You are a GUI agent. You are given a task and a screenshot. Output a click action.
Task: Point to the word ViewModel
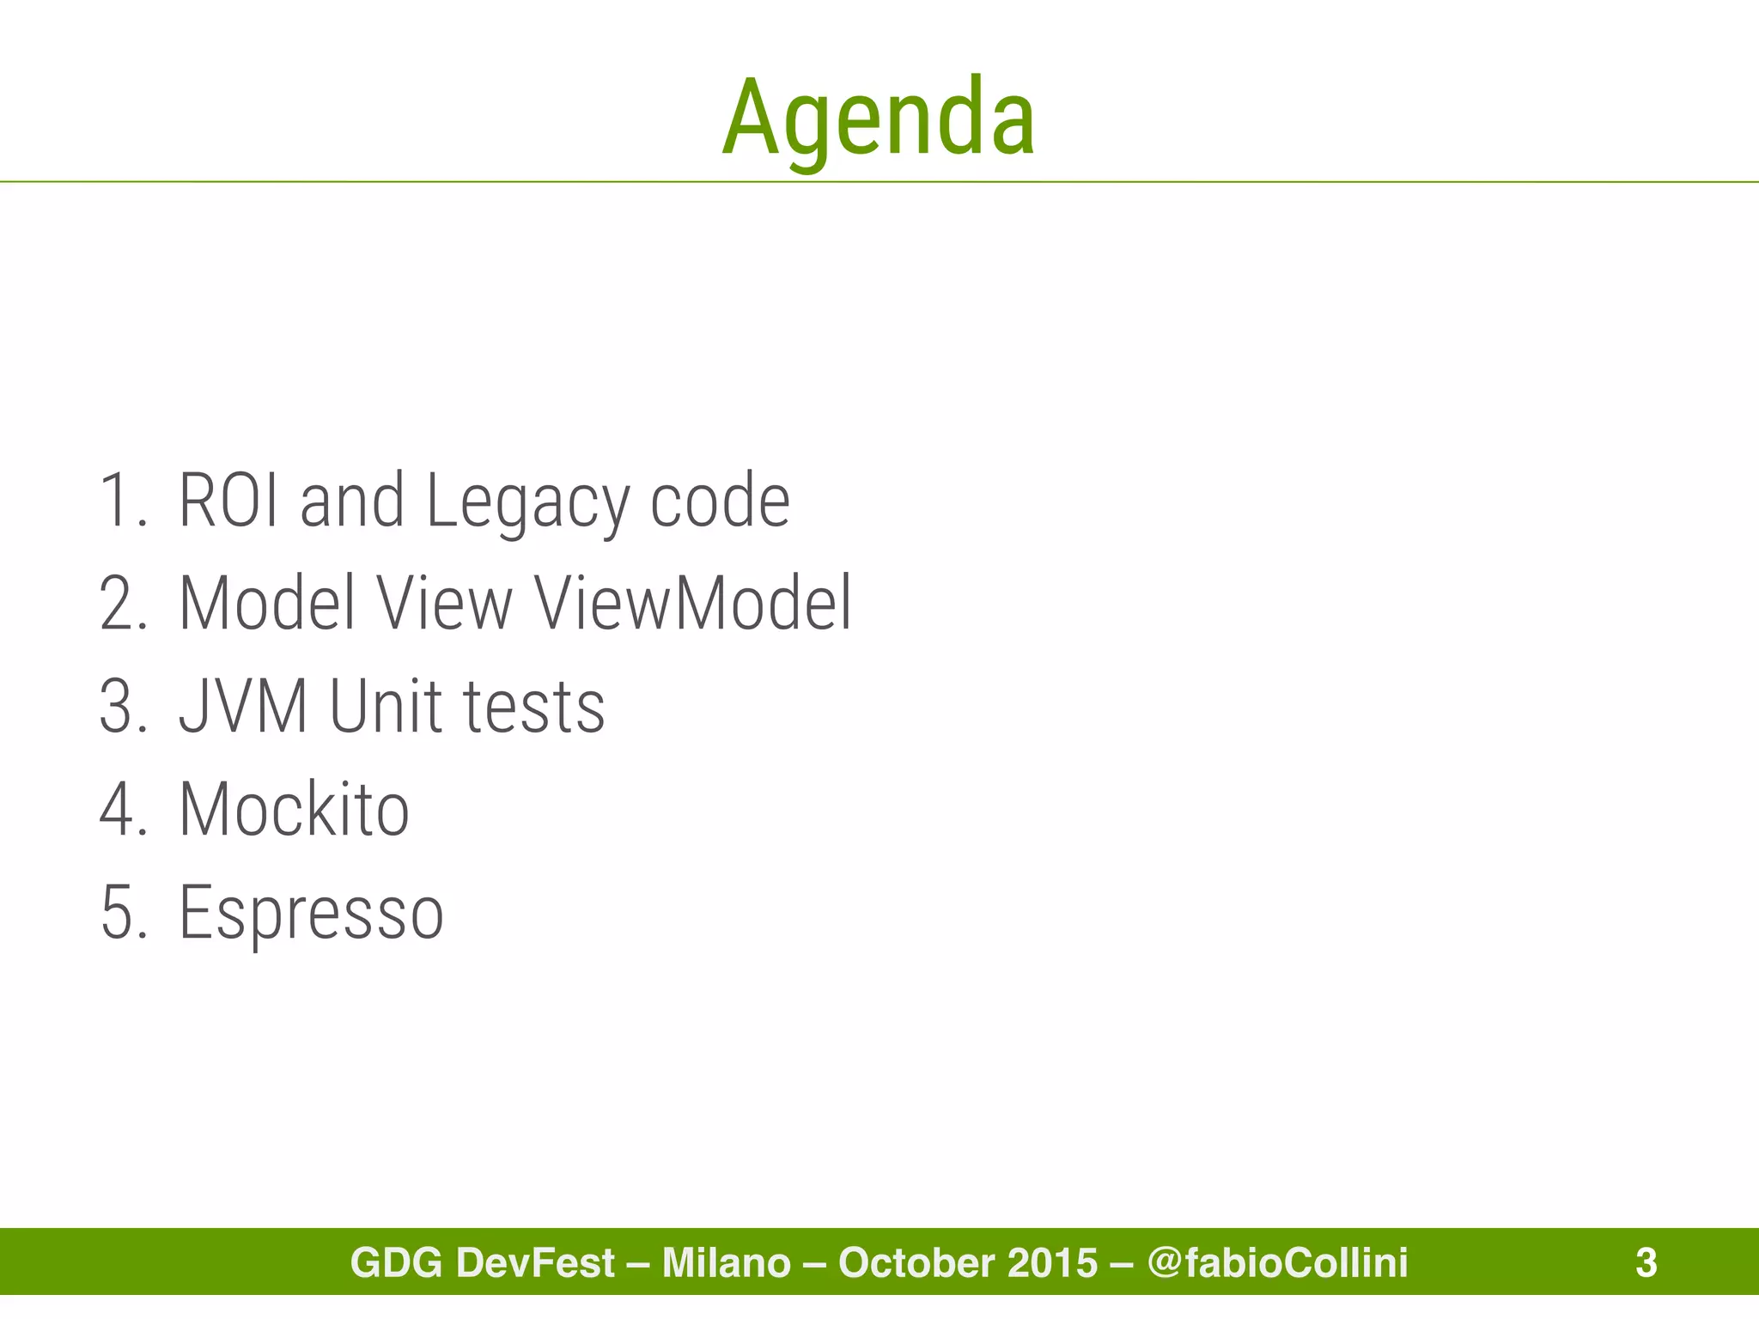point(693,603)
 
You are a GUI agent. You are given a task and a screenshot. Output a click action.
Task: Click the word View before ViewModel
point(444,603)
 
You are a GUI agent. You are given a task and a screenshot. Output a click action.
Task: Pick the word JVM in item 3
point(243,706)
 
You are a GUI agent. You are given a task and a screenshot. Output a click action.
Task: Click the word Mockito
point(294,809)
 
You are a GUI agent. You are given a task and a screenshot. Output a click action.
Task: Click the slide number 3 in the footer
point(1646,1262)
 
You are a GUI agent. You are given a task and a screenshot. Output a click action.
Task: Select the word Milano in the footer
point(726,1262)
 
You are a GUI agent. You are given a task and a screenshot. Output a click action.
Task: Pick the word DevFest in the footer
point(535,1262)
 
